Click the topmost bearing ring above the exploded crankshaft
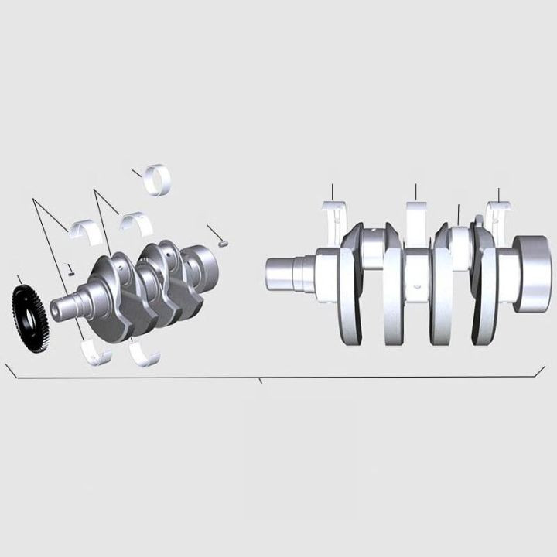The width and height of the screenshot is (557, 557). tap(161, 179)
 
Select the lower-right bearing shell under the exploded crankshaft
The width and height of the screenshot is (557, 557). tap(145, 354)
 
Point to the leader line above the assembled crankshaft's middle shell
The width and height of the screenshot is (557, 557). tap(415, 192)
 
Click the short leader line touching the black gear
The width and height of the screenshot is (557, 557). tap(19, 279)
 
